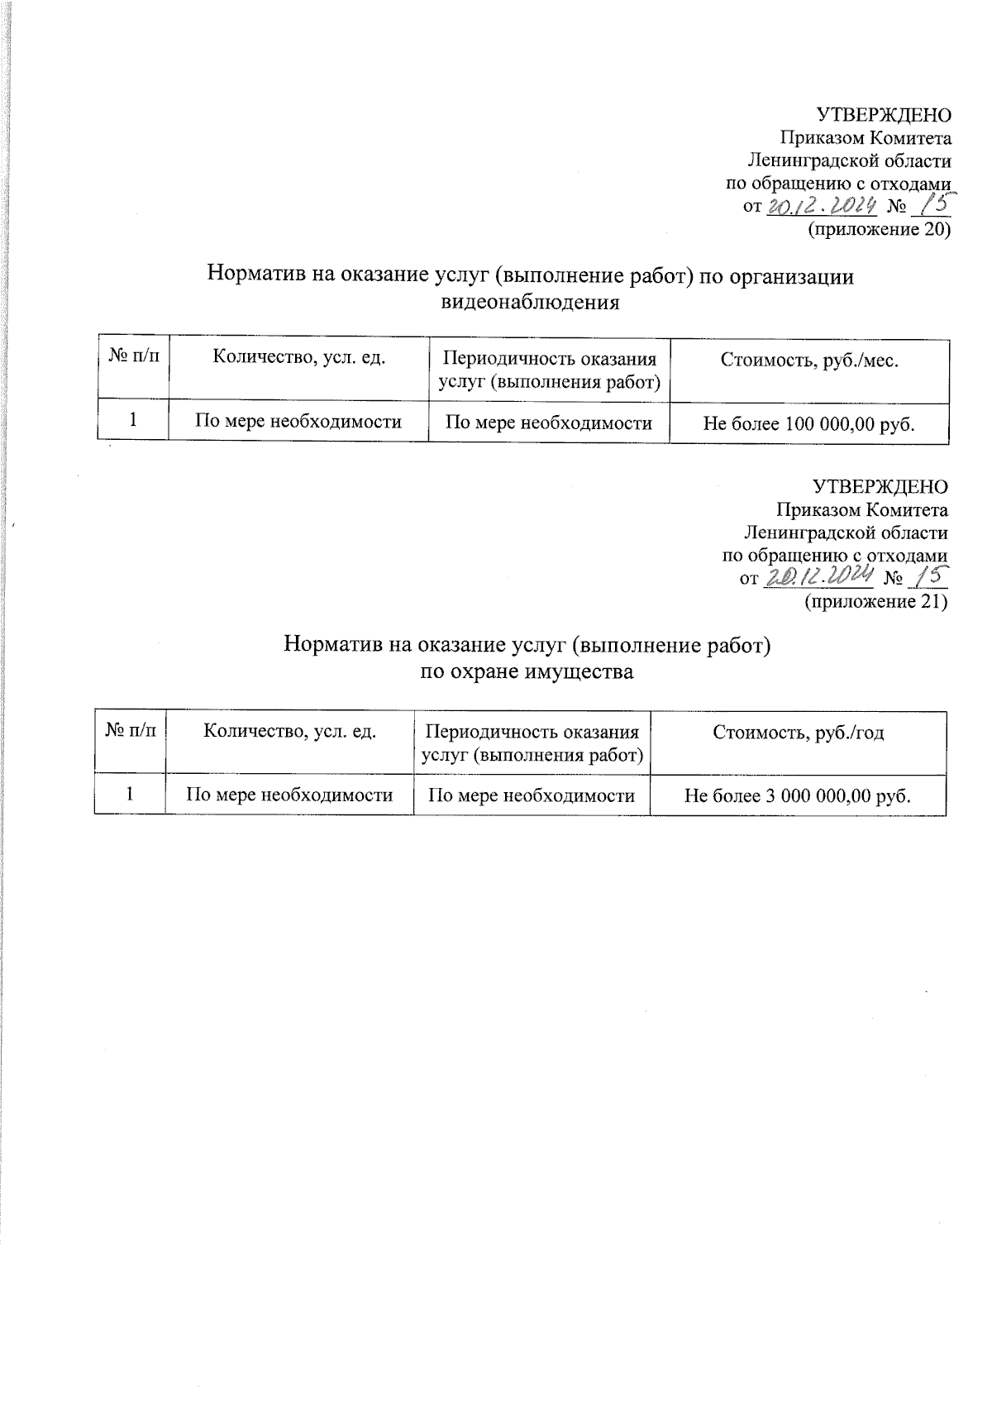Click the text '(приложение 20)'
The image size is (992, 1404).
click(878, 229)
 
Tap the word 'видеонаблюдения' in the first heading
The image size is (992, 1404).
click(531, 302)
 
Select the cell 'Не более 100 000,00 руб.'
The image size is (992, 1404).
click(808, 423)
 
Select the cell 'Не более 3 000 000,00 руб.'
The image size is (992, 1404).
click(798, 795)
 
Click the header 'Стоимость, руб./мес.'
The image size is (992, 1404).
click(808, 360)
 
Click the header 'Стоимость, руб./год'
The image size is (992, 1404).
click(798, 733)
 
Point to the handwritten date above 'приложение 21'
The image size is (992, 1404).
click(817, 576)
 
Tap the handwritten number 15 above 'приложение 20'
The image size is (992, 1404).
click(934, 203)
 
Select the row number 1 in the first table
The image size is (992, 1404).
click(132, 422)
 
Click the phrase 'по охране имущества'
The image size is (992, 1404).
click(527, 671)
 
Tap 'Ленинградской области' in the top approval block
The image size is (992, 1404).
click(848, 160)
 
